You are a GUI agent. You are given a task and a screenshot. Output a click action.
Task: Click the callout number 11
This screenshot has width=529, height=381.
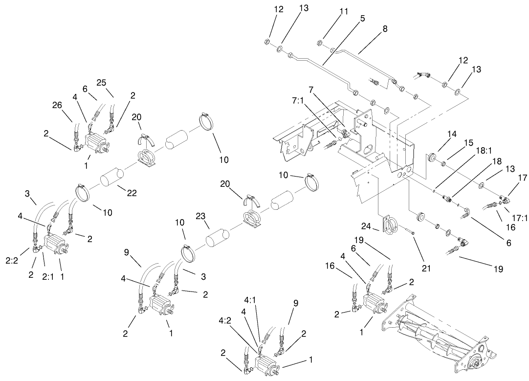(345, 12)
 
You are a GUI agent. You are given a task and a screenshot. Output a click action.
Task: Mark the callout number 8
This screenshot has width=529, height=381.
(385, 29)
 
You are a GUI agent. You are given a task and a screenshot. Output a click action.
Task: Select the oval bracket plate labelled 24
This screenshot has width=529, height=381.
(389, 226)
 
